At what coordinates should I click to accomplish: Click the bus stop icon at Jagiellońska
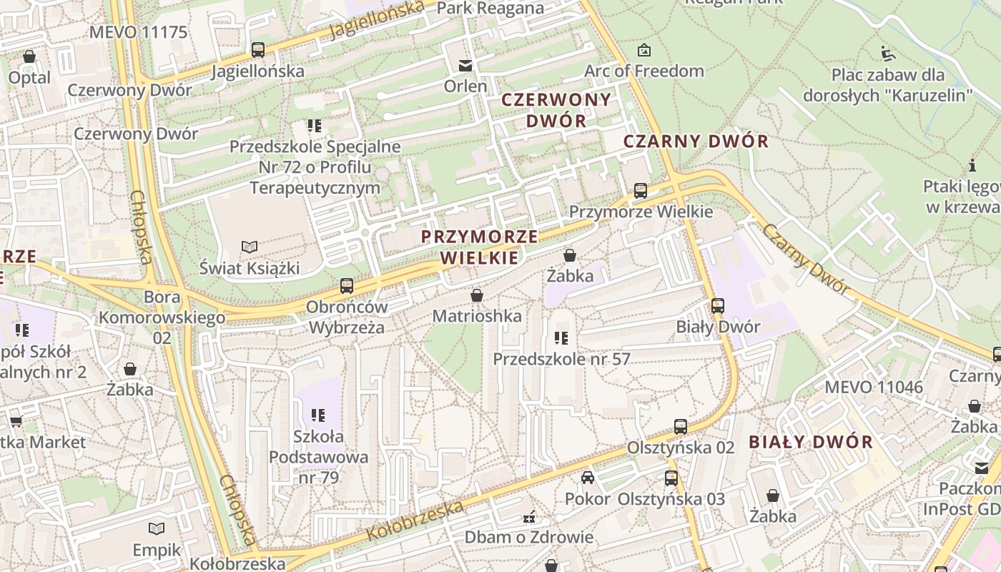(258, 50)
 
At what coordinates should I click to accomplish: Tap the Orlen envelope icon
(465, 66)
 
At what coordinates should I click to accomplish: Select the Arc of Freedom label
(643, 71)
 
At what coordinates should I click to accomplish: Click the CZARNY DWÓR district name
(696, 141)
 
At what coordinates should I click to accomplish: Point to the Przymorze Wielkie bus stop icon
(641, 191)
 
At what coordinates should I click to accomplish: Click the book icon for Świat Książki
(249, 247)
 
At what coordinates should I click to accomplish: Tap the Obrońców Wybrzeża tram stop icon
(347, 286)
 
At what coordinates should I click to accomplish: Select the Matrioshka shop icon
(477, 295)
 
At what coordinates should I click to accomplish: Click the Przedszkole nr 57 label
(561, 359)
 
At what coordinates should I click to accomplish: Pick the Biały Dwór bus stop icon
(718, 306)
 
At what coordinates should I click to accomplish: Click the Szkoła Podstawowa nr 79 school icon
(318, 415)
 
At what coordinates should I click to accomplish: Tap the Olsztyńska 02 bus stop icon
(681, 427)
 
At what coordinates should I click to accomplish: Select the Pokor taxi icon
(588, 478)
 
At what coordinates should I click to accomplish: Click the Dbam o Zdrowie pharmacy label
(529, 537)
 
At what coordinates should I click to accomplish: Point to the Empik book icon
(157, 529)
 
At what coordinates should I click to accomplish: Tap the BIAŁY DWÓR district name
(811, 442)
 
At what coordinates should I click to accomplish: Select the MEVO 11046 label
(874, 388)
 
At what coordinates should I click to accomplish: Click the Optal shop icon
(29, 56)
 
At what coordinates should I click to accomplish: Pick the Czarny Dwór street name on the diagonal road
(806, 259)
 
